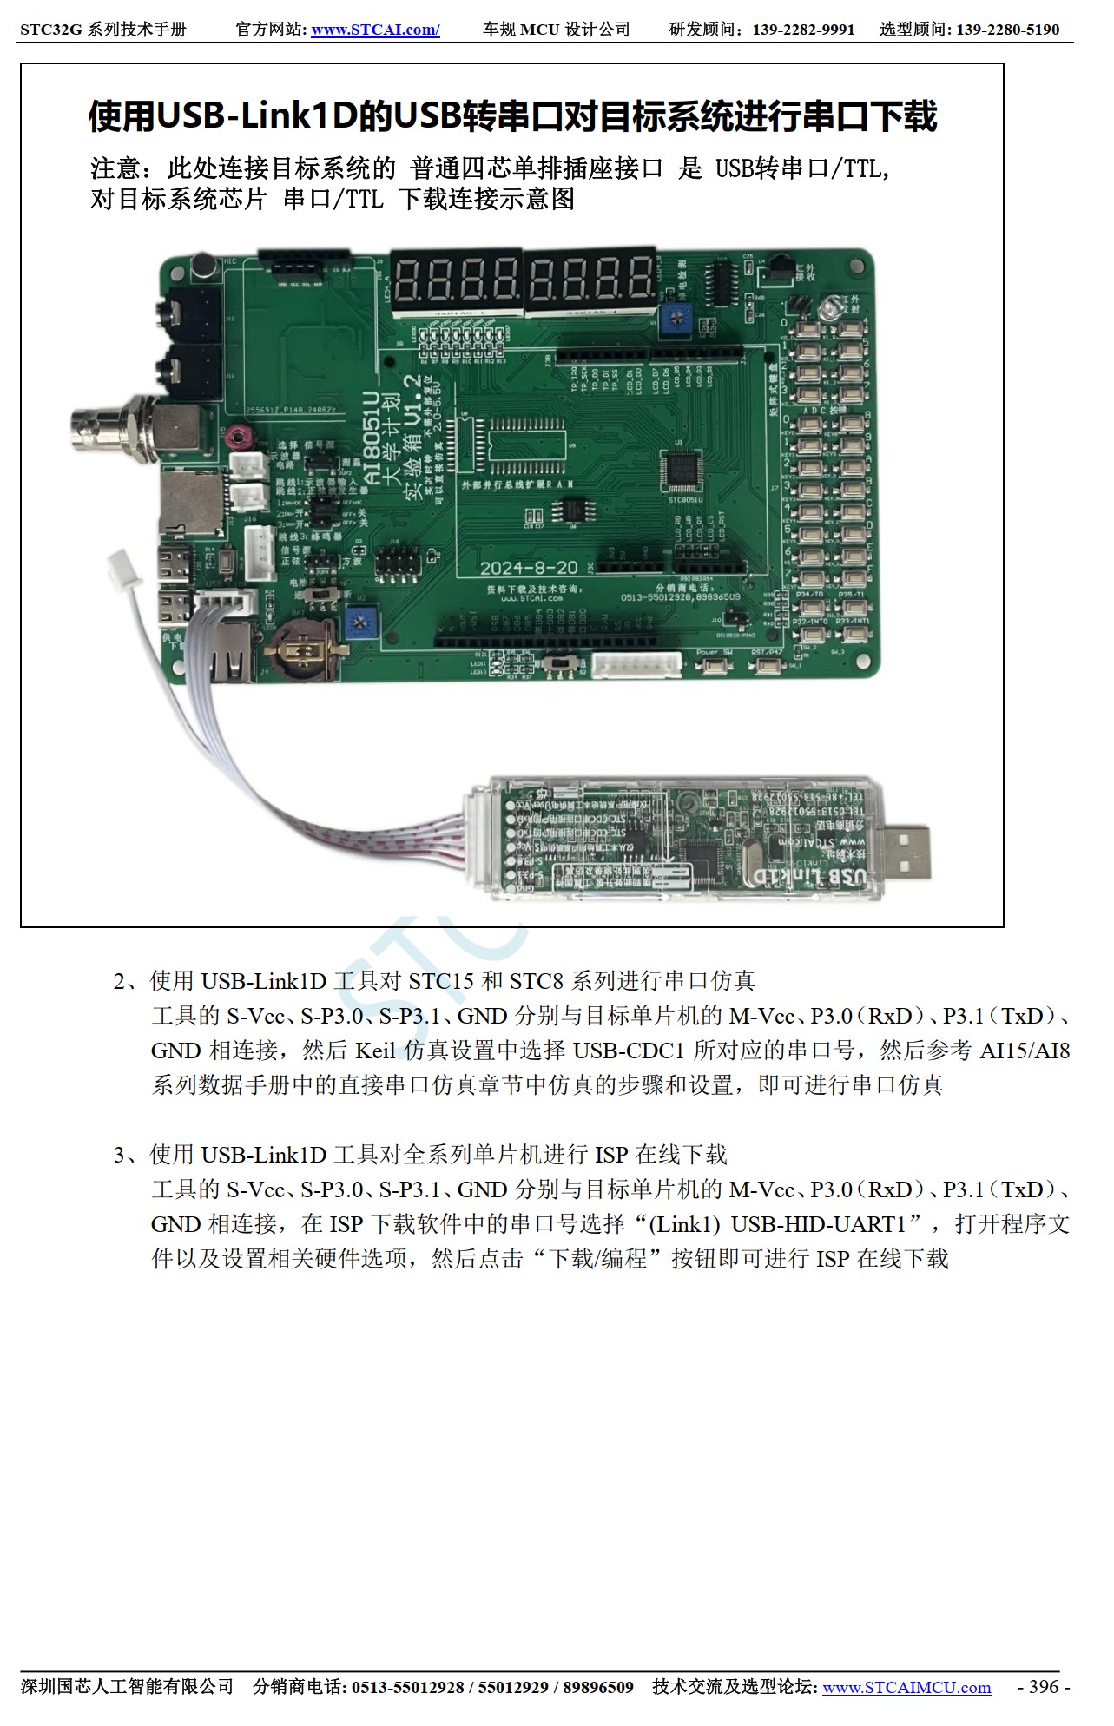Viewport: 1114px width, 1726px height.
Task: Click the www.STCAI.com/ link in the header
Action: (375, 30)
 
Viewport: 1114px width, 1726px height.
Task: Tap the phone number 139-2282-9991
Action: (803, 30)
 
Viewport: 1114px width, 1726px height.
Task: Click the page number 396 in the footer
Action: (1043, 1686)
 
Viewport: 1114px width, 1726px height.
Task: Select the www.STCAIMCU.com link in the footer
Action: (906, 1687)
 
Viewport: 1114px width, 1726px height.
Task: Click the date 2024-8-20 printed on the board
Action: (529, 567)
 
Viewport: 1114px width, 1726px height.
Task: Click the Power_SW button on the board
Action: (714, 666)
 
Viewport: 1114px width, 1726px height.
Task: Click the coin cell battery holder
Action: (300, 649)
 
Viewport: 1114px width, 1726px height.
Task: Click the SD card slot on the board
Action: (192, 504)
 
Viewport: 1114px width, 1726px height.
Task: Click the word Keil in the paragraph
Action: (375, 1051)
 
